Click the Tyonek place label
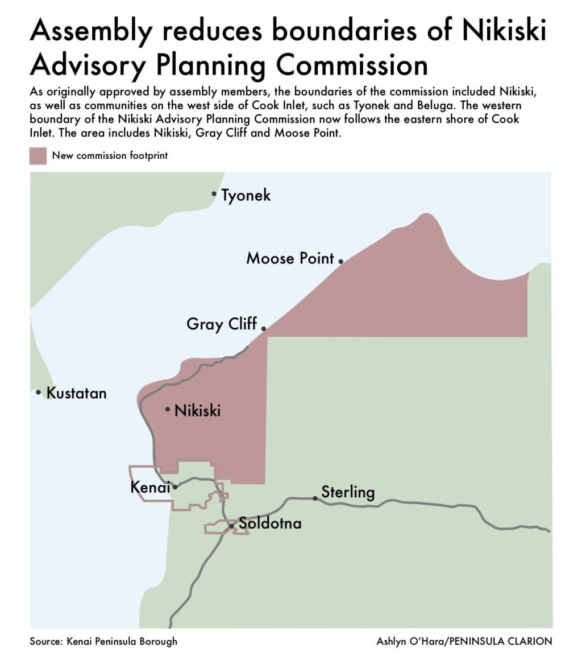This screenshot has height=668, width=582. click(246, 196)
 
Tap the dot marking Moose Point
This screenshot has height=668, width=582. click(341, 261)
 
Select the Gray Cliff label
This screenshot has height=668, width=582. click(222, 324)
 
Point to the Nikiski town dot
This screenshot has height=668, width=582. click(168, 409)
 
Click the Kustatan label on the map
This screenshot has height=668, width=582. click(76, 393)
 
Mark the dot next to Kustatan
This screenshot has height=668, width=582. click(38, 392)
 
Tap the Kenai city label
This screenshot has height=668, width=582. click(151, 488)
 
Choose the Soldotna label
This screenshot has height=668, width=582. click(269, 523)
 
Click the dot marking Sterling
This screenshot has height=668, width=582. click(315, 498)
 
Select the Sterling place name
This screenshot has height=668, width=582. click(348, 492)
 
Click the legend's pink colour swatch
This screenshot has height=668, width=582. click(38, 155)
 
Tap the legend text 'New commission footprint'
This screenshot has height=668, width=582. click(110, 155)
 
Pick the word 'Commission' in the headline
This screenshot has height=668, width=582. click(350, 65)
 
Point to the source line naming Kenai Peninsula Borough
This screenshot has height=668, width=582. click(103, 641)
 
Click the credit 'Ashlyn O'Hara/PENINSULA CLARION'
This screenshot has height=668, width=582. click(464, 641)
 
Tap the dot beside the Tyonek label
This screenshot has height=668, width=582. click(214, 194)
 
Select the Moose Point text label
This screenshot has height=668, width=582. click(290, 258)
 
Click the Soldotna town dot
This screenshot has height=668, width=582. click(231, 526)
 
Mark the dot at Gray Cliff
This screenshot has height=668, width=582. click(264, 328)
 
